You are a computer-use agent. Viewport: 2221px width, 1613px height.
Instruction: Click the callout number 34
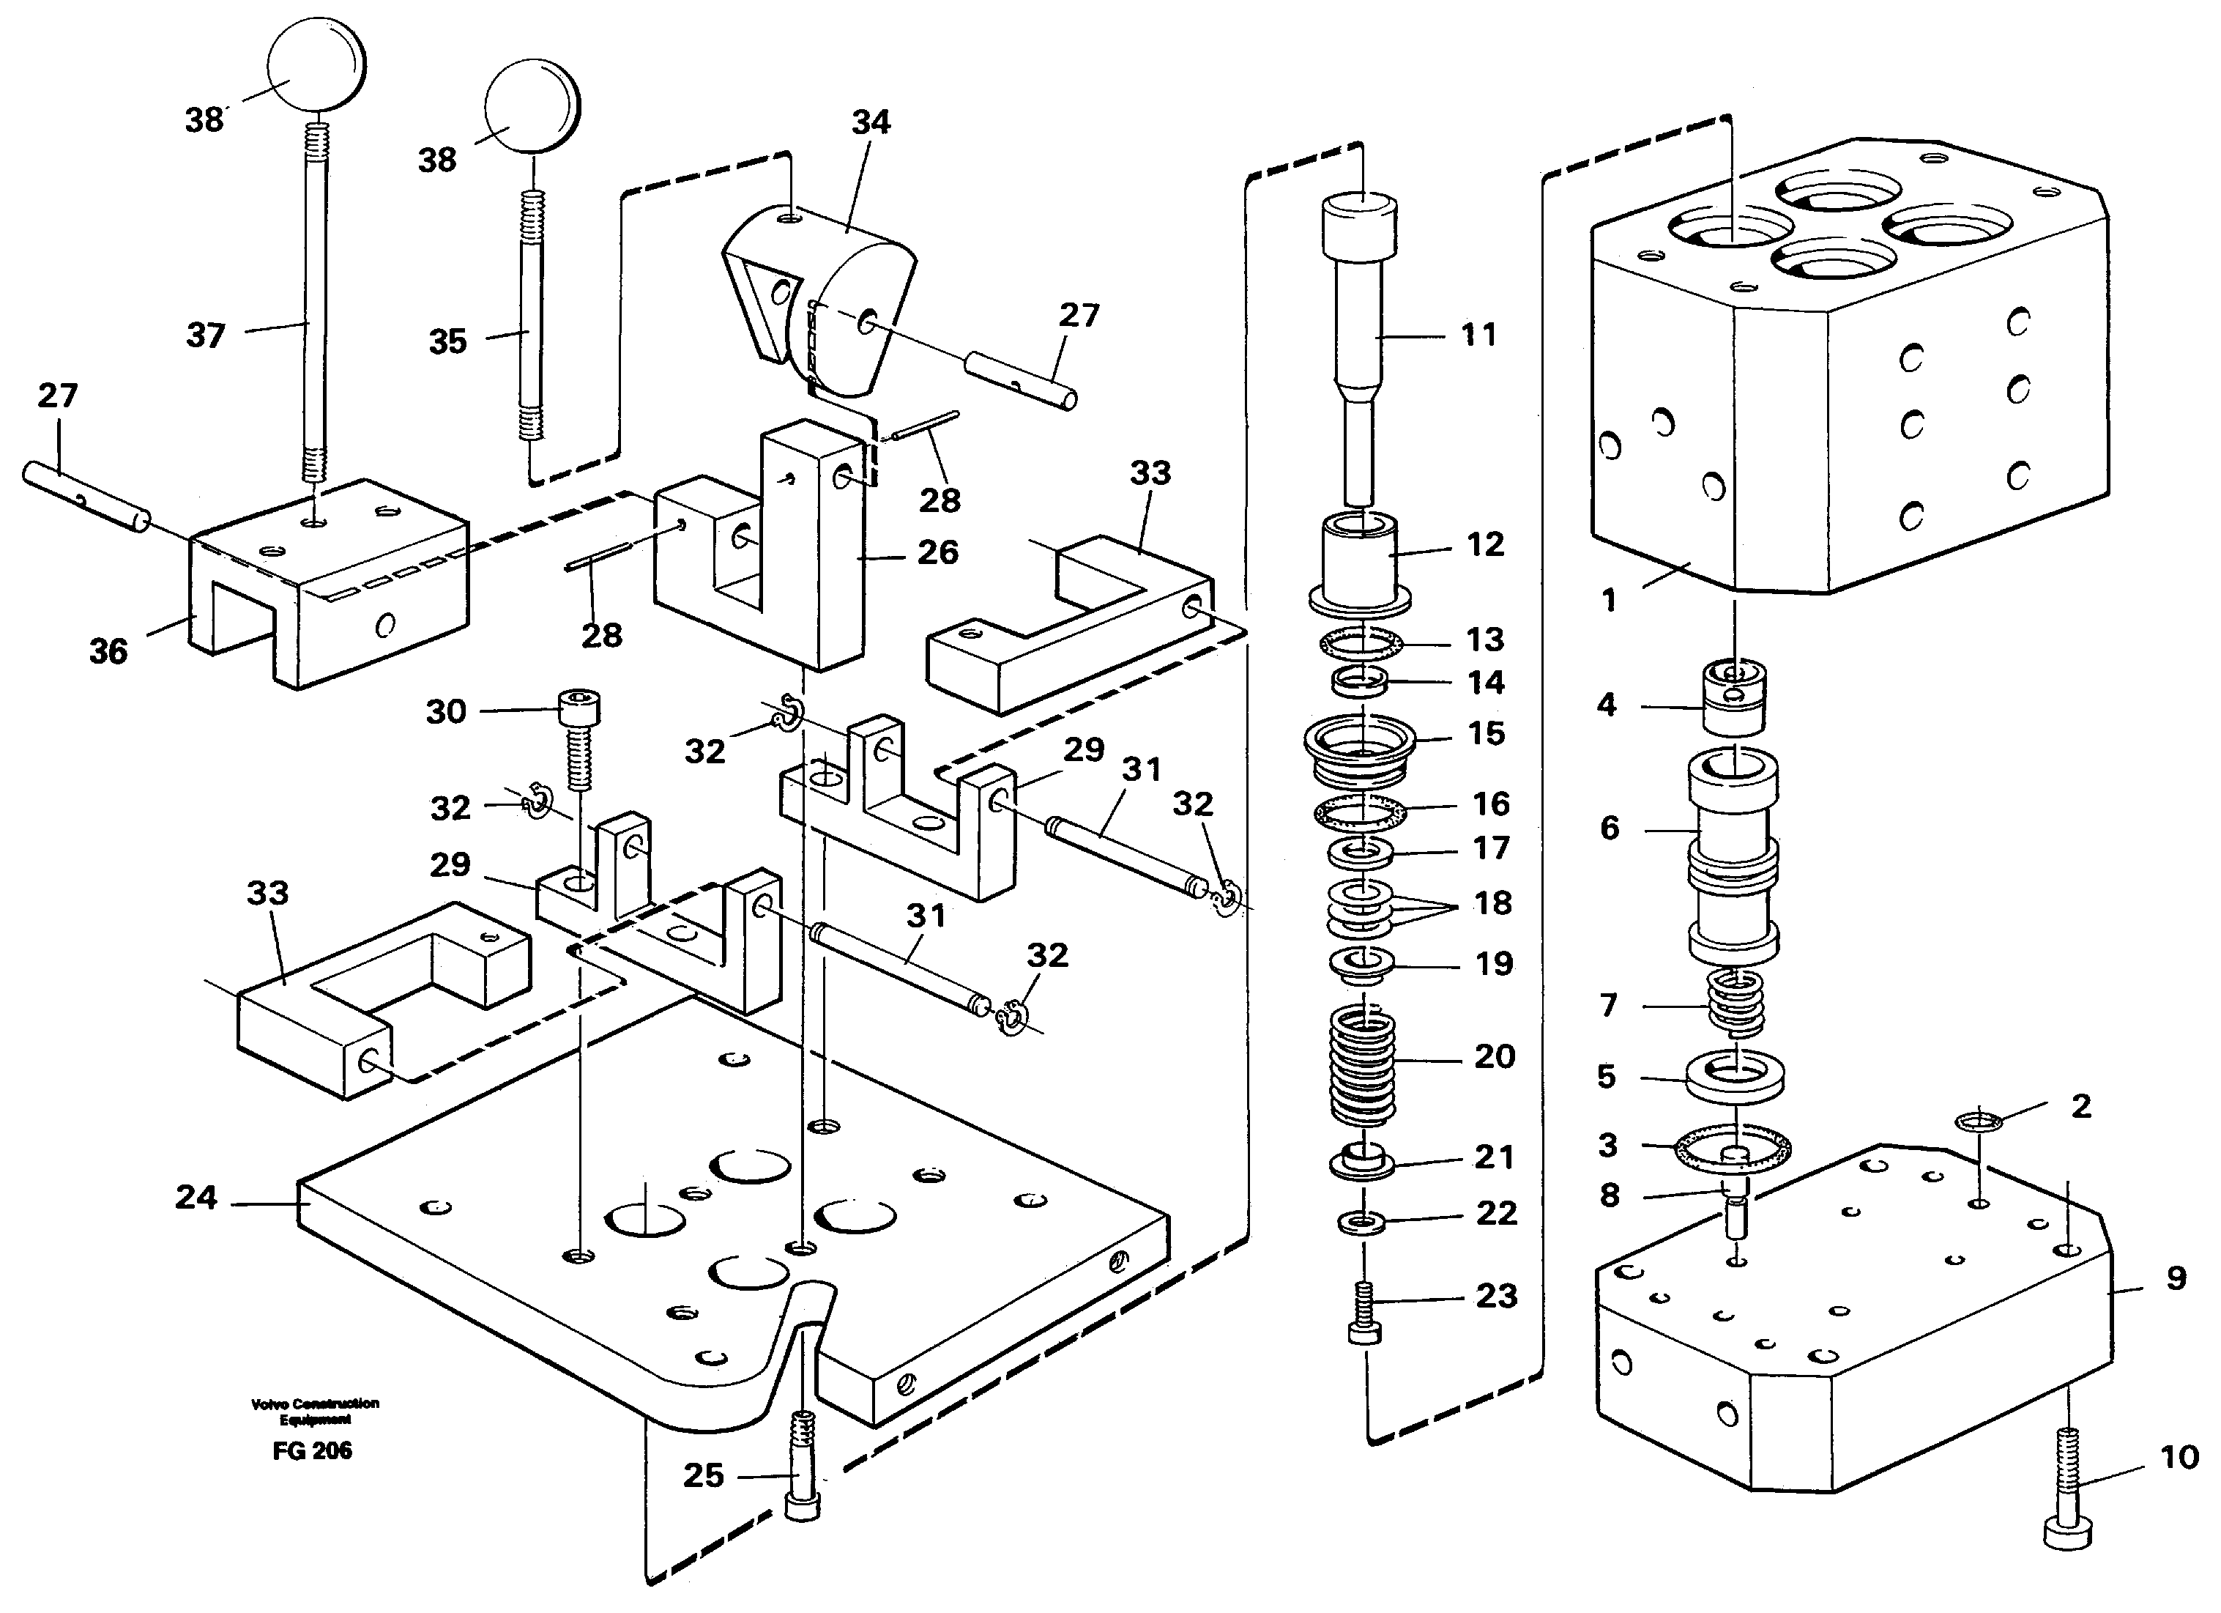pos(871,122)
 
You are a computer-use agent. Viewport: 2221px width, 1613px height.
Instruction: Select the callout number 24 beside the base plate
pos(196,1197)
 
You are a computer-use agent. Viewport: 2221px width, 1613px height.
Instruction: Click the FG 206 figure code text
pos(313,1451)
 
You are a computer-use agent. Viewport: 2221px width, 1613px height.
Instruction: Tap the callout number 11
pos(1478,336)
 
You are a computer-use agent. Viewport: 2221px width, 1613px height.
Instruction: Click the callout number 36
pos(108,651)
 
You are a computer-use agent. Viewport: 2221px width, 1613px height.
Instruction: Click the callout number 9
pos(2175,1278)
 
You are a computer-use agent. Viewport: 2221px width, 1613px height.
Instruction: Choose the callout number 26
pos(937,552)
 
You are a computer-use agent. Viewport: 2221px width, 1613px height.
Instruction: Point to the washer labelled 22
pos(1361,1223)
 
